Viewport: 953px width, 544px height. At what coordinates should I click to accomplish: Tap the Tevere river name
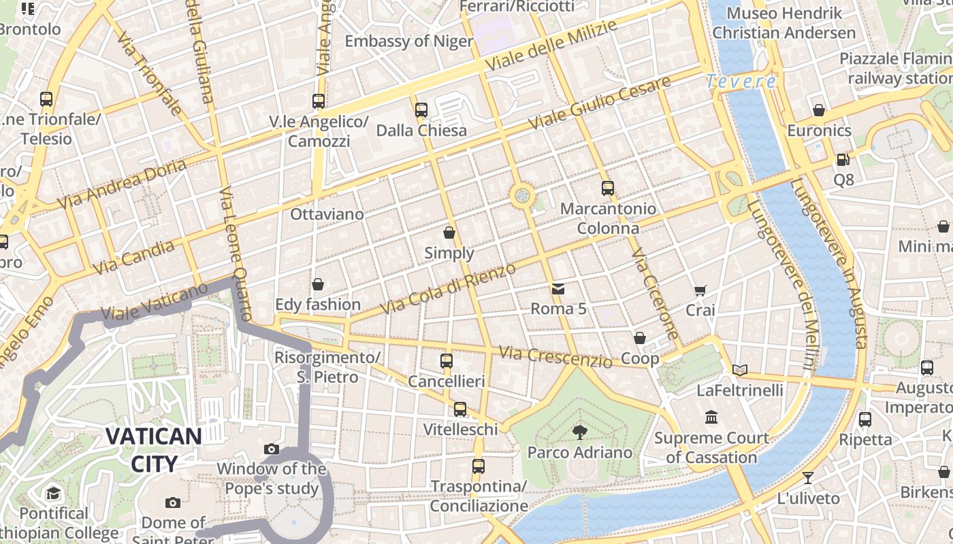[x=740, y=82]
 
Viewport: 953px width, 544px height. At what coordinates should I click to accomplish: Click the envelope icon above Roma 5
[x=558, y=289]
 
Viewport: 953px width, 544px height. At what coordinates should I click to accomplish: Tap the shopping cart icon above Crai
[x=700, y=290]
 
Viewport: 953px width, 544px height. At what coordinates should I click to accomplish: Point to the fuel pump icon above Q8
[x=843, y=160]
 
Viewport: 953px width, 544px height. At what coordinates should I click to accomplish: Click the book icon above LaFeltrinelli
[x=740, y=370]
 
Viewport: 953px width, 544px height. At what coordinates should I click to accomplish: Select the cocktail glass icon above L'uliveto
[x=808, y=477]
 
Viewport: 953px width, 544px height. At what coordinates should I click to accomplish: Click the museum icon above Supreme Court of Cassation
[x=711, y=417]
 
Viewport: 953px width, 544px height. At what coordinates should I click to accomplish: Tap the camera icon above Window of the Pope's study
[x=271, y=449]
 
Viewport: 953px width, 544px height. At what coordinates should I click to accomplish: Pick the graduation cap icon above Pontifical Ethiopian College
[x=53, y=493]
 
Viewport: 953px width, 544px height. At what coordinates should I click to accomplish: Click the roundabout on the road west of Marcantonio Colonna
[x=522, y=196]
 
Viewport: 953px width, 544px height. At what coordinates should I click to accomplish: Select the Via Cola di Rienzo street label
[x=447, y=289]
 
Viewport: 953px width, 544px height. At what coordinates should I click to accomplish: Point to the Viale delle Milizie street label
[x=551, y=45]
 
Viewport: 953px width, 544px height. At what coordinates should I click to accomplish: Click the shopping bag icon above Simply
[x=449, y=233]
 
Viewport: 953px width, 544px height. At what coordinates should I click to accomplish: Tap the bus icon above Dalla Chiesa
[x=421, y=109]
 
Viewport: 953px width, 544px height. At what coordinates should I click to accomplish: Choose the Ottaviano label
[x=327, y=214]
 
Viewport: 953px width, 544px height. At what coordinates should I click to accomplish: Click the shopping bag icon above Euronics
[x=818, y=110]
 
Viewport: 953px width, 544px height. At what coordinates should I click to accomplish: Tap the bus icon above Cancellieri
[x=446, y=361]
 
